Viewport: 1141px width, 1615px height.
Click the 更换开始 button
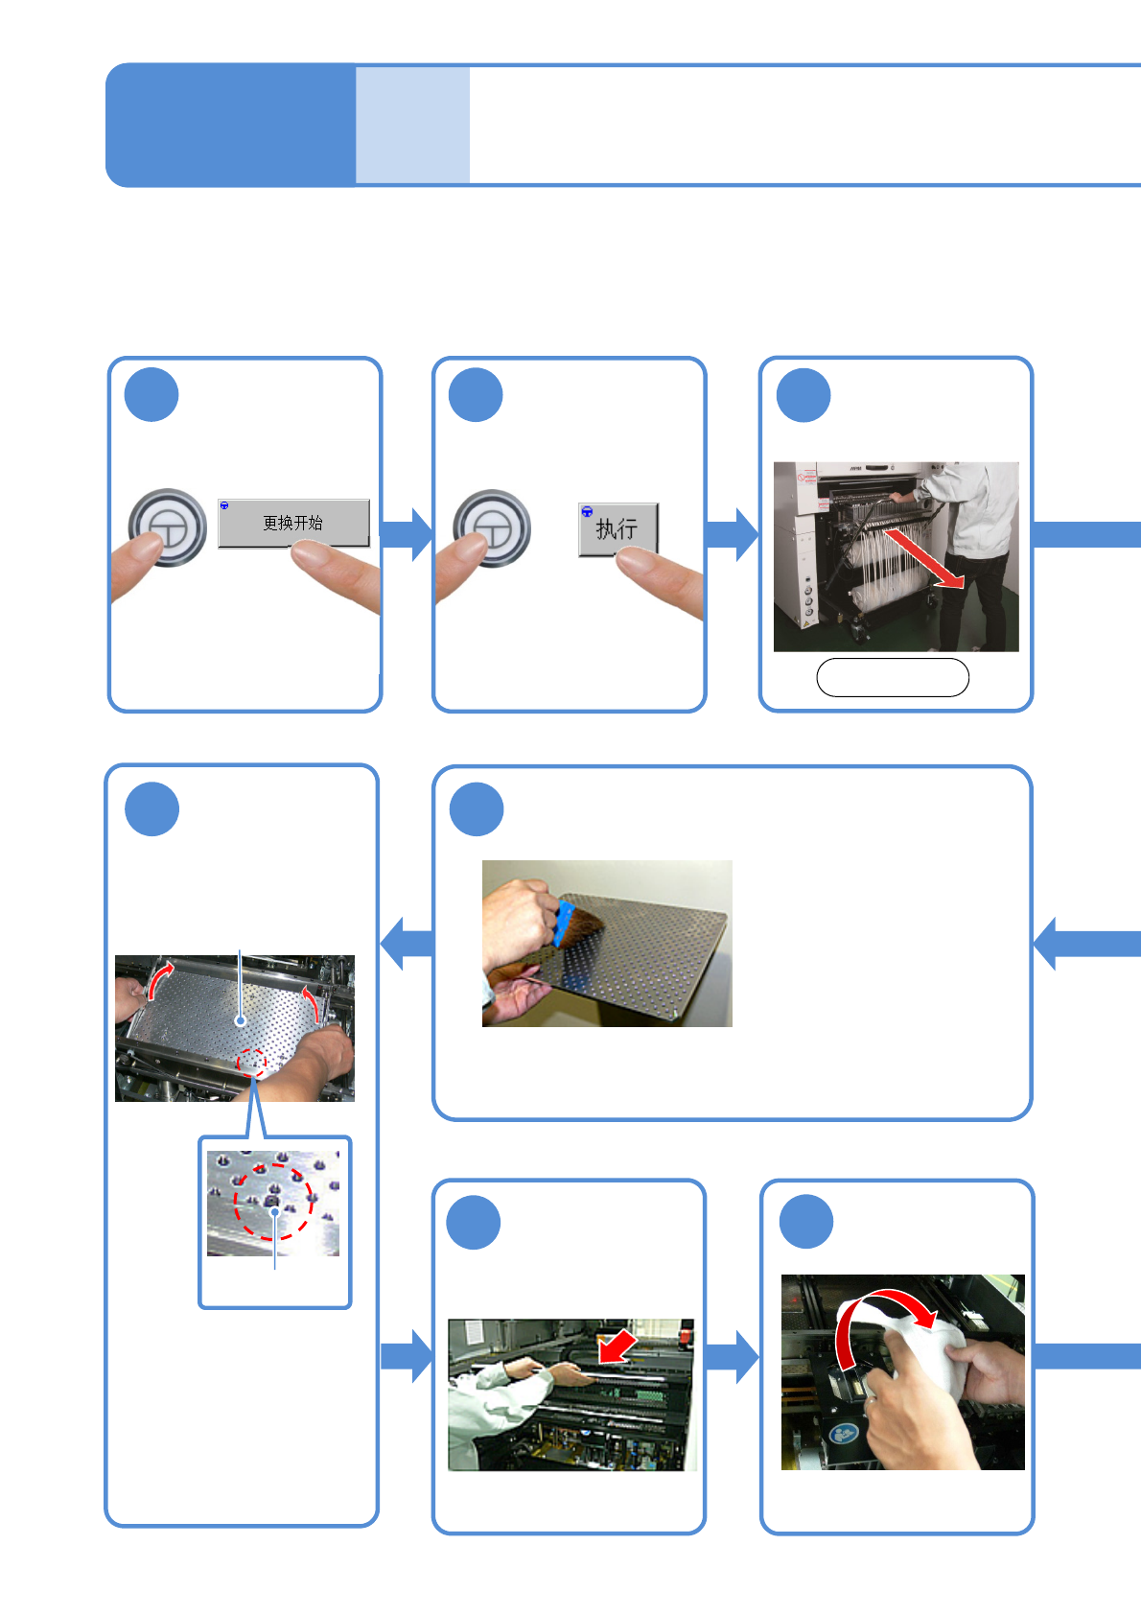[x=293, y=524]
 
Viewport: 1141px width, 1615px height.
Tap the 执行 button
[x=617, y=528]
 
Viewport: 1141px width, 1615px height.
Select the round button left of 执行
[x=492, y=528]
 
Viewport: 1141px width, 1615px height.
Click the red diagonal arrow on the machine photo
[x=923, y=558]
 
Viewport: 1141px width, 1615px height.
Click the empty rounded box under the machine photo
[x=892, y=677]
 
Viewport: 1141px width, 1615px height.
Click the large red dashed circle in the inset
[x=273, y=1201]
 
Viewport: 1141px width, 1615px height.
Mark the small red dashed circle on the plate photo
[x=251, y=1062]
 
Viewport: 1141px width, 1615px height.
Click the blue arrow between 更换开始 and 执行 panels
[x=407, y=534]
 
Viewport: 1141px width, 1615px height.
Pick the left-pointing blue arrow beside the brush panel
[x=407, y=943]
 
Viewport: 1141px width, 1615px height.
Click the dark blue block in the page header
[x=230, y=125]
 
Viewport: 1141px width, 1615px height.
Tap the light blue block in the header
[x=412, y=125]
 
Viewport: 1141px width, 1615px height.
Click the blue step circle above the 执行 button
[x=476, y=395]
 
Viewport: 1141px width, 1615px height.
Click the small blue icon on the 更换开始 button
[x=224, y=505]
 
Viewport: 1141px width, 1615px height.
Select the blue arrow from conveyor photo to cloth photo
[x=733, y=1356]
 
